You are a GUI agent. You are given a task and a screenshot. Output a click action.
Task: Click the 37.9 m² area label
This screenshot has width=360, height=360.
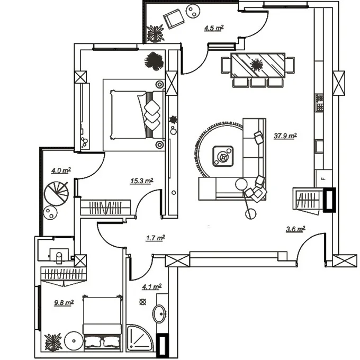[285, 136]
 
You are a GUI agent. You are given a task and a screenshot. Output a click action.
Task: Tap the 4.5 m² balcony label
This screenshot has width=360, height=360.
[214, 28]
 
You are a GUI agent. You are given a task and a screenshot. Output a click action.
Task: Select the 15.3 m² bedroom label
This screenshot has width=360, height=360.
[142, 181]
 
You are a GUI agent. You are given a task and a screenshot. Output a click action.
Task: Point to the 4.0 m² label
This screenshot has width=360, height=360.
[60, 170]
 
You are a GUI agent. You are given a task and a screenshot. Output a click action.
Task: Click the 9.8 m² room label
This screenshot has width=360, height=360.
[64, 303]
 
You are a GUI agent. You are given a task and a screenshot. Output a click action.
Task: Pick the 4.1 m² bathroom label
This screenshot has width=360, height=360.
[152, 287]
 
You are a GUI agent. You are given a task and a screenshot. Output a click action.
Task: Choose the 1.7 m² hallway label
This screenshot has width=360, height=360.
[156, 238]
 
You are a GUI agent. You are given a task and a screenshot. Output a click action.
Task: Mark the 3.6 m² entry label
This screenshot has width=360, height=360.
[295, 229]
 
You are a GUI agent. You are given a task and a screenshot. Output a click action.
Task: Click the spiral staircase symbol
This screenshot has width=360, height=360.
[56, 193]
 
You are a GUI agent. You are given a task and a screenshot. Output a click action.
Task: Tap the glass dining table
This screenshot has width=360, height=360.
[258, 65]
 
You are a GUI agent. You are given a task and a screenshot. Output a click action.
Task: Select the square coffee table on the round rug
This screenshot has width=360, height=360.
[223, 156]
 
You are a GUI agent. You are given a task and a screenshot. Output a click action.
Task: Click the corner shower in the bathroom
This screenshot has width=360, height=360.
[139, 337]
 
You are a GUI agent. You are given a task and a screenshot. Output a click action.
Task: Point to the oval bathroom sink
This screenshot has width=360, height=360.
[159, 313]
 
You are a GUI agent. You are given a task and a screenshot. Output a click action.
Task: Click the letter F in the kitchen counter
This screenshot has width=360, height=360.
[323, 179]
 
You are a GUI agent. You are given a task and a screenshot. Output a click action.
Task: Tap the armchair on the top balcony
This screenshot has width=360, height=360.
[174, 19]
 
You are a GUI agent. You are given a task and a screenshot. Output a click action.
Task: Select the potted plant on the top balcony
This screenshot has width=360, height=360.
[156, 33]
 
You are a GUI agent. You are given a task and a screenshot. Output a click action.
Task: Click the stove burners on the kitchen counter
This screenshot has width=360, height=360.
[319, 103]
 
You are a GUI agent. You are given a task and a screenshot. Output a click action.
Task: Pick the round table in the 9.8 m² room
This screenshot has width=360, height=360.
[74, 341]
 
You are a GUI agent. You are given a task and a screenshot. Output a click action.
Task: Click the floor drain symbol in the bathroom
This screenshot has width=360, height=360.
[142, 302]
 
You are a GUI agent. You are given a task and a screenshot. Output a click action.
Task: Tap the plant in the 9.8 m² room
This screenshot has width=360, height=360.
[53, 343]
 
